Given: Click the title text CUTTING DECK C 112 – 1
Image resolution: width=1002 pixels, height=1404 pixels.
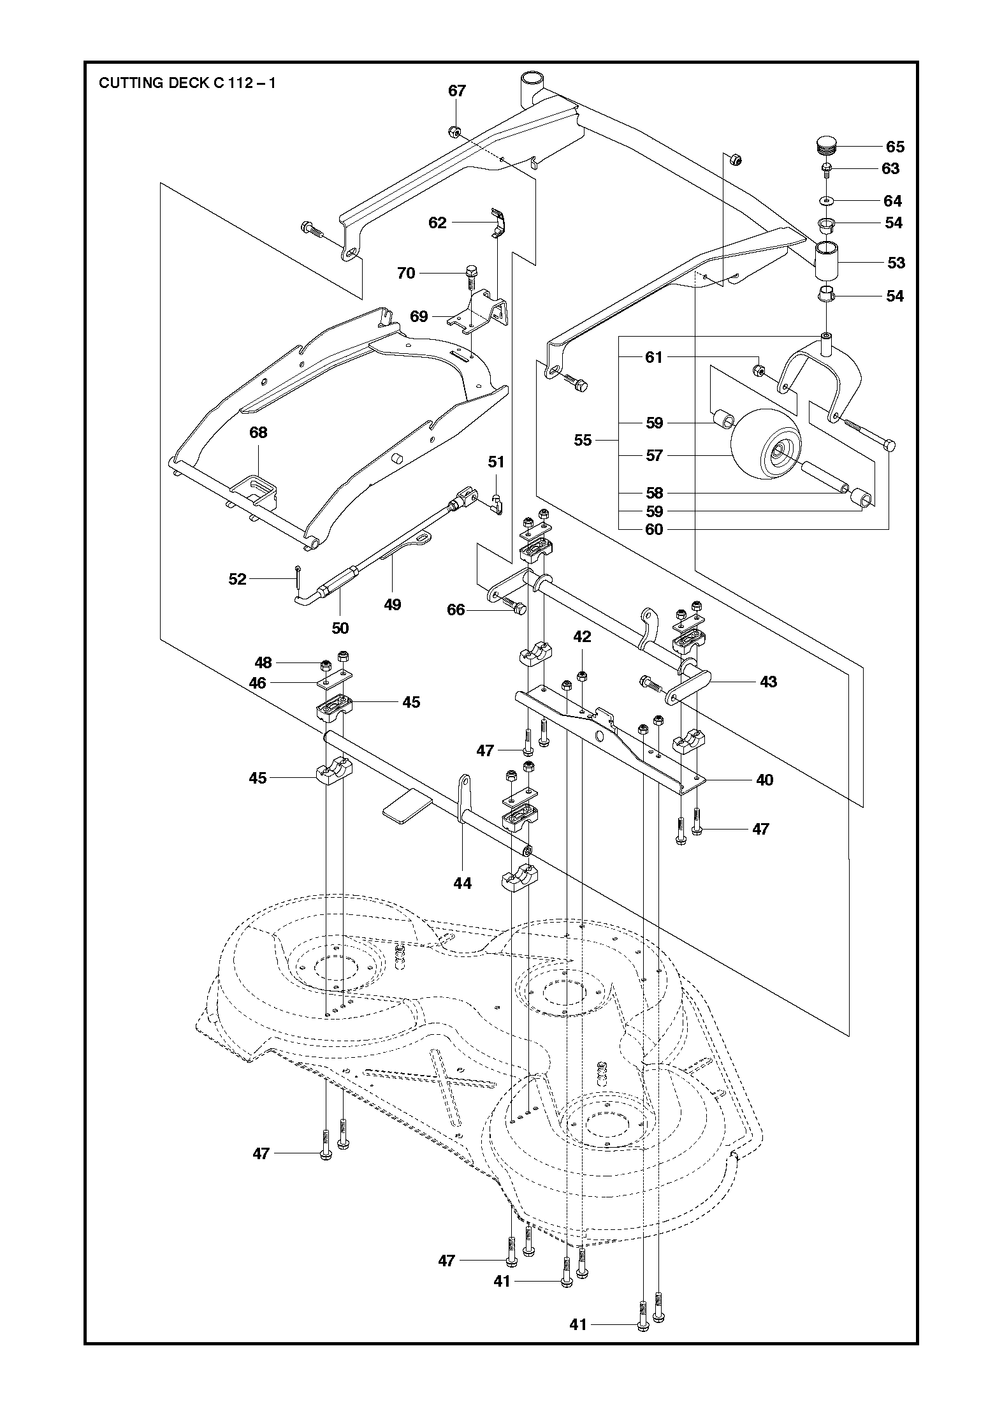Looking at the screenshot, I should pos(187,83).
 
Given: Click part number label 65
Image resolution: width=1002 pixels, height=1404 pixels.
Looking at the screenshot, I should pos(895,147).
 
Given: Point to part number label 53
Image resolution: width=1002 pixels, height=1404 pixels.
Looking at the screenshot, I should pos(896,263).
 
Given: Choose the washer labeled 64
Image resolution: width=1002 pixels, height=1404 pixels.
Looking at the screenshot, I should pos(826,201).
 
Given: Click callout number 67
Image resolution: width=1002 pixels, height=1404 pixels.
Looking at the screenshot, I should pos(457,91).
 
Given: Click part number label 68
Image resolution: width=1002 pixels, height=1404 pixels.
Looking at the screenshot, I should pos(258,432).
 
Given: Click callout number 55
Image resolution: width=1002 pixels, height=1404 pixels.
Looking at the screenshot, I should pos(583,440).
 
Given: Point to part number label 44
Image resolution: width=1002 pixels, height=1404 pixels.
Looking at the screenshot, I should pos(462,882).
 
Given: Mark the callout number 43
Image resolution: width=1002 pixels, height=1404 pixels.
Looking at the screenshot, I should pos(769,682).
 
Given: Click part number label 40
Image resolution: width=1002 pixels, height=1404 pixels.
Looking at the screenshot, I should pos(764,780).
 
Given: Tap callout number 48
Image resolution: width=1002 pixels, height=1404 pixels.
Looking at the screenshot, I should pos(263,663).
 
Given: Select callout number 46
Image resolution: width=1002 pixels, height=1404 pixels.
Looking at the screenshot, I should pos(258,683).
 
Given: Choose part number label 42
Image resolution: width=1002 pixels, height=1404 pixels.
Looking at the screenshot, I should pos(582,636).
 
